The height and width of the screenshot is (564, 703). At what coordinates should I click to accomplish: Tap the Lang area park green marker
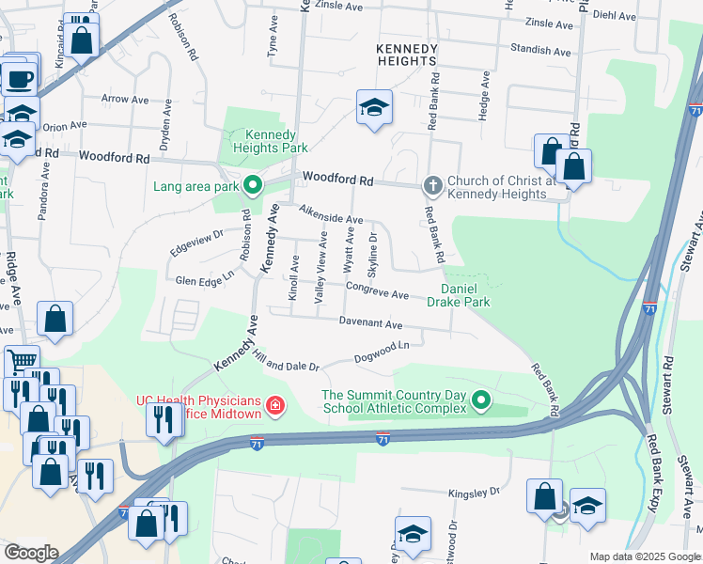251,185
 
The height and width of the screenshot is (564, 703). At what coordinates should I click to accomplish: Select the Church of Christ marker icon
432,183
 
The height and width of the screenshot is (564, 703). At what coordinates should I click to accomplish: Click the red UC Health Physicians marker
274,406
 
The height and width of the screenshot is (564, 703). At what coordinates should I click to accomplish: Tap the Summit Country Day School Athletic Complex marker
481,401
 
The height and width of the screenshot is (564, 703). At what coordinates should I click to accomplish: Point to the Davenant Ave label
371,324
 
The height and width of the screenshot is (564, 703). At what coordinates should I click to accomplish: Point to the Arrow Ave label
125,99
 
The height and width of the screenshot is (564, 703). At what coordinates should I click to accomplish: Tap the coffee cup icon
19,77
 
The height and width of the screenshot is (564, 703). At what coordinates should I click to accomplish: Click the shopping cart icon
21,361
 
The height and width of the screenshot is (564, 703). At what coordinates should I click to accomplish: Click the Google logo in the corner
31,553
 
